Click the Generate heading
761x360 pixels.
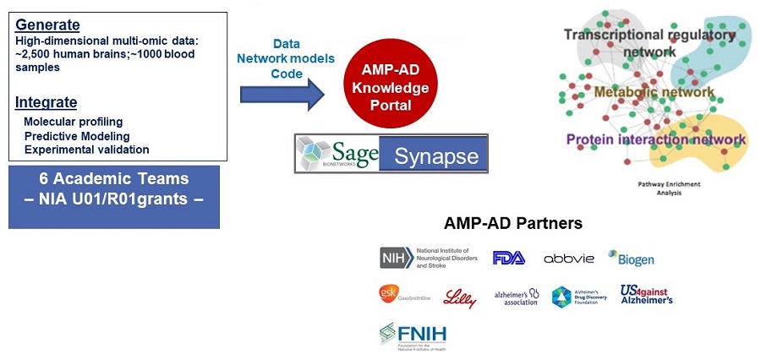pyautogui.click(x=47, y=25)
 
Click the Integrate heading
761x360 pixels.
pyautogui.click(x=47, y=103)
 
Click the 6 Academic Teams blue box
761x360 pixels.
pyautogui.click(x=114, y=197)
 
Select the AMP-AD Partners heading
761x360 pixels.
pyautogui.click(x=513, y=225)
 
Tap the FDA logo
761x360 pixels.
pyautogui.click(x=509, y=258)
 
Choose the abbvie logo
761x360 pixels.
pyautogui.click(x=569, y=258)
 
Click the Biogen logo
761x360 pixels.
pyautogui.click(x=631, y=259)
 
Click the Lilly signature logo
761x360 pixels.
pyautogui.click(x=461, y=297)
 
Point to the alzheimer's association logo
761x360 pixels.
pyautogui.click(x=517, y=297)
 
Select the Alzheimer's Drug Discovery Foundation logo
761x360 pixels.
pyautogui.click(x=578, y=297)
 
